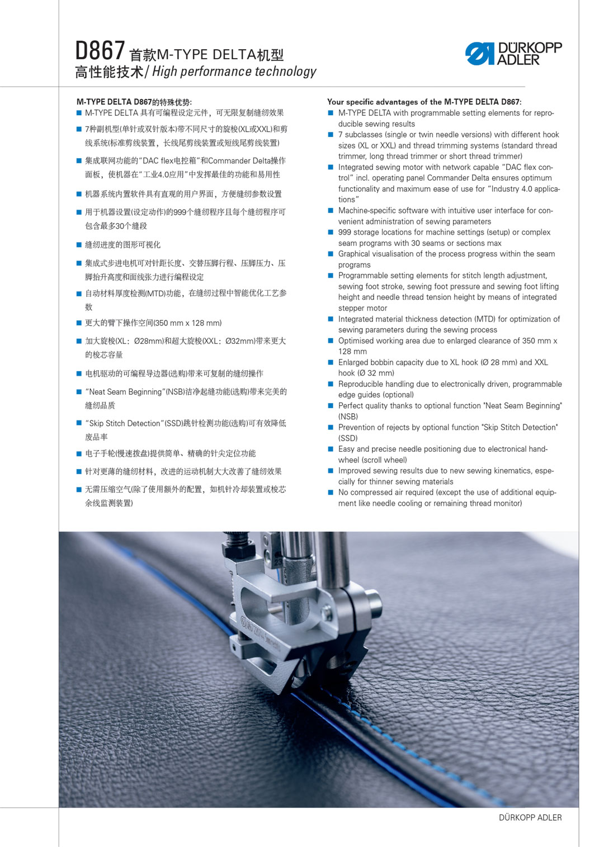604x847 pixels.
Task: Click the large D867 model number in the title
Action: tap(100, 51)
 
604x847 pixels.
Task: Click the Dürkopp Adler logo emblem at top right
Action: tap(480, 54)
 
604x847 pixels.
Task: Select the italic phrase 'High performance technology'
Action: tap(234, 72)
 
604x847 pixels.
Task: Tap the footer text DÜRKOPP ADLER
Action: tap(530, 817)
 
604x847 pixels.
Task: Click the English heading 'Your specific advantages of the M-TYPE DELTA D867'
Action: tap(424, 102)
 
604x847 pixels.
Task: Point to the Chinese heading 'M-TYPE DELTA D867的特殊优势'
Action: tap(134, 102)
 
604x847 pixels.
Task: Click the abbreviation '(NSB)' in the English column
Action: tap(348, 417)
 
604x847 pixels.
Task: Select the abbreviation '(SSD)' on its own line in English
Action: tap(348, 438)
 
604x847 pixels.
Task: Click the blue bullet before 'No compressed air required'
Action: tap(331, 493)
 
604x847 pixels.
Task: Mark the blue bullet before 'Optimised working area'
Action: tap(331, 341)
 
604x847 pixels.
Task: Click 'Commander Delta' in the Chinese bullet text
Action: tap(238, 161)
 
